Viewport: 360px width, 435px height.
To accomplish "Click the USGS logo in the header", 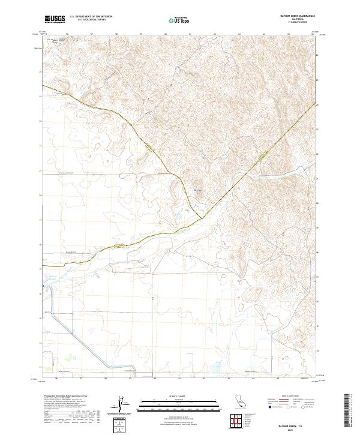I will pos(55,19).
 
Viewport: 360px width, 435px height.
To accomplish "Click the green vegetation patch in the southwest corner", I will pos(68,355).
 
